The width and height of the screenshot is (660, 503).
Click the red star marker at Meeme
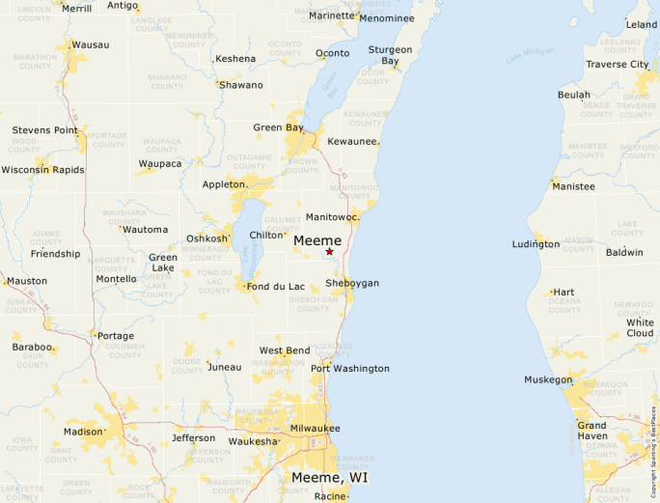click(329, 251)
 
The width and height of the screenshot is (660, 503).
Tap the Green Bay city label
click(278, 127)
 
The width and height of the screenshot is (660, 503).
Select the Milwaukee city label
click(315, 428)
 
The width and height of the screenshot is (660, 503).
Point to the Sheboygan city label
click(351, 283)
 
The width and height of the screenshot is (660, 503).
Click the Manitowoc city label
click(332, 217)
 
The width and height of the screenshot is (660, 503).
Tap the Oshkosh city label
click(207, 238)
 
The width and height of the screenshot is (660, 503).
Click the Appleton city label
click(225, 184)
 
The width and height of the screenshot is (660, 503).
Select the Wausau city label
click(91, 44)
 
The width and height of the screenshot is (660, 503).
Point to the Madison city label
click(83, 432)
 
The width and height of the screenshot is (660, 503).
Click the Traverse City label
click(618, 65)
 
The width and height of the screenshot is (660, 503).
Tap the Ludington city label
click(536, 244)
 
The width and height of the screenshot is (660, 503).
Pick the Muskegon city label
click(548, 379)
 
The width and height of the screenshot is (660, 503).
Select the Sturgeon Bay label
click(390, 55)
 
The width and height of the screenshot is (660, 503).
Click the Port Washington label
click(350, 369)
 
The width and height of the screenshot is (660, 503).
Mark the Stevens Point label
click(44, 129)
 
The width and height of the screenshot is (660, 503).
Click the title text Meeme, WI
click(329, 478)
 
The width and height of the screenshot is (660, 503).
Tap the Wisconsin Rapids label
click(42, 170)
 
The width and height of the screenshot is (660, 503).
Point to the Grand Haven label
click(591, 431)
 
